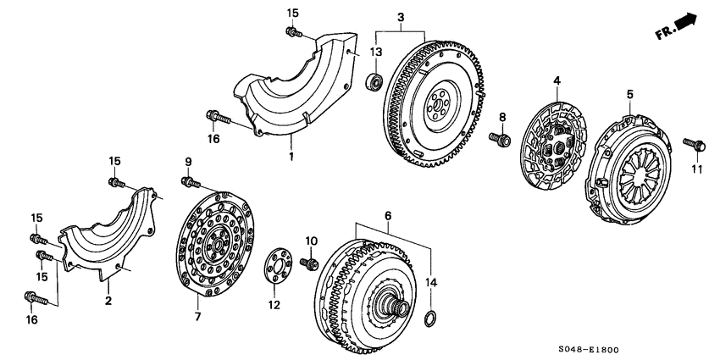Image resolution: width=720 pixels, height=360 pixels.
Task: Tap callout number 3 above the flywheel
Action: (x=401, y=18)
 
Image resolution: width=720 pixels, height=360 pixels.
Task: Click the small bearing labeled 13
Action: (x=373, y=83)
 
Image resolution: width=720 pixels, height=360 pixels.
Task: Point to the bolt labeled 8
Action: (x=500, y=136)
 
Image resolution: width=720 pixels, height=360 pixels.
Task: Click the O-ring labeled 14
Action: (x=430, y=319)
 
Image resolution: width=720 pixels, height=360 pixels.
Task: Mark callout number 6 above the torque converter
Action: (x=388, y=217)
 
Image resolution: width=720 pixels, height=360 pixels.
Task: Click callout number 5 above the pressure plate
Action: (x=629, y=94)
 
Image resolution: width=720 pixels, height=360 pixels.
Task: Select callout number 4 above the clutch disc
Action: (x=557, y=81)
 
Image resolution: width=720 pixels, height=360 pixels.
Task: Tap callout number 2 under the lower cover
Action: (x=108, y=300)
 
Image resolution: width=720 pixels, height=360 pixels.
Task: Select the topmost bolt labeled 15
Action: (x=293, y=32)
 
